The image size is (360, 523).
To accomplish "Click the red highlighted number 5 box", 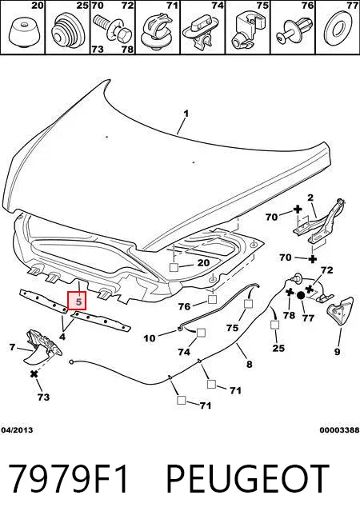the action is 77,301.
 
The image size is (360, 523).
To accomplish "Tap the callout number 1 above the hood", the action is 186,114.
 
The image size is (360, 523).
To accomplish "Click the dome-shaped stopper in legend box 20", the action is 22,34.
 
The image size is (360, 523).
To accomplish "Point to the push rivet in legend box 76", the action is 294,30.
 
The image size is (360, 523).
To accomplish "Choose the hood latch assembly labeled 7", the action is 42,346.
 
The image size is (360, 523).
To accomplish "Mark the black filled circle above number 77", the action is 300,295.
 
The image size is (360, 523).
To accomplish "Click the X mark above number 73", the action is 34,374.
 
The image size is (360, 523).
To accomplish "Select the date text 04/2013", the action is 17,429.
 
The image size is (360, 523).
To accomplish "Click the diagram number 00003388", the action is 339,429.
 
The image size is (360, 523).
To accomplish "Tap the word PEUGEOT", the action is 248,478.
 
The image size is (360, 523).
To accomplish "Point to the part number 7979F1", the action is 68,478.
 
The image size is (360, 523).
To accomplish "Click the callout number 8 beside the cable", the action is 250,364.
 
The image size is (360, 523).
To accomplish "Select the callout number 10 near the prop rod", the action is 150,338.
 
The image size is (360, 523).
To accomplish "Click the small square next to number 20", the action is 174,267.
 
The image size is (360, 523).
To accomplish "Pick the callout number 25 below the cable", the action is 278,348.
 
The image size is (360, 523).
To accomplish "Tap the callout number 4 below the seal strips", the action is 62,337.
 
